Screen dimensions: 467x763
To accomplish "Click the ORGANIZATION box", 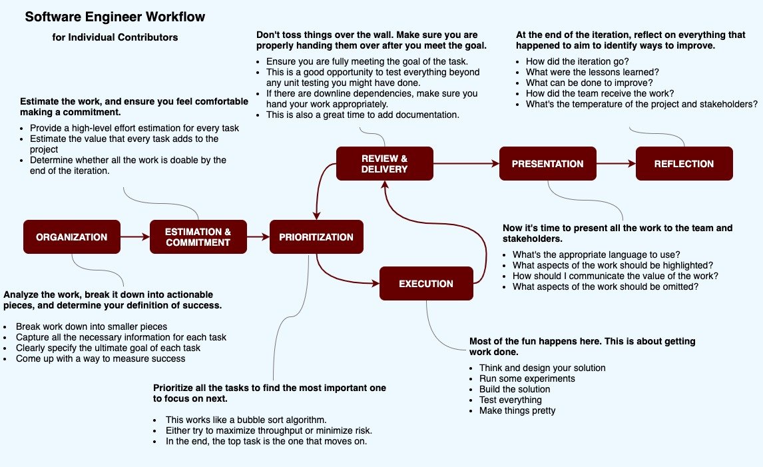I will pyautogui.click(x=72, y=237).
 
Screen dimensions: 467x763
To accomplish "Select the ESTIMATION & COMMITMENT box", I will pyautogui.click(x=198, y=237).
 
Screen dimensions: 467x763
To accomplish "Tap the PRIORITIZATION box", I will pyautogui.click(x=316, y=237).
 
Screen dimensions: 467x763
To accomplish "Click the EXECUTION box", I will pyautogui.click(x=426, y=284).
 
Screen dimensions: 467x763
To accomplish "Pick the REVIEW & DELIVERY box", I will pyautogui.click(x=384, y=164).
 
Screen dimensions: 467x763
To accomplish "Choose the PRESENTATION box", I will pyautogui.click(x=547, y=164).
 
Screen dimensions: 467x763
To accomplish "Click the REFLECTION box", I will pyautogui.click(x=684, y=164).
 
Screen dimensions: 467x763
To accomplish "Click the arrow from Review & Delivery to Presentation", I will pyautogui.click(x=465, y=163).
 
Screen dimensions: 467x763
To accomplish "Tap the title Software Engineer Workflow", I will pyautogui.click(x=115, y=17).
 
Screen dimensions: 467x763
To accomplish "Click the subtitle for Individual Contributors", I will pyautogui.click(x=115, y=37).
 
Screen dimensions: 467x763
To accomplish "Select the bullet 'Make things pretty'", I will pyautogui.click(x=517, y=410).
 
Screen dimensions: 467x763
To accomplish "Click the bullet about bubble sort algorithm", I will pyautogui.click(x=246, y=420).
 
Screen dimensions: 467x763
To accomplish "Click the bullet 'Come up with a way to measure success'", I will pyautogui.click(x=100, y=358).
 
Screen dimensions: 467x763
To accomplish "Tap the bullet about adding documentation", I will pyautogui.click(x=362, y=115).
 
